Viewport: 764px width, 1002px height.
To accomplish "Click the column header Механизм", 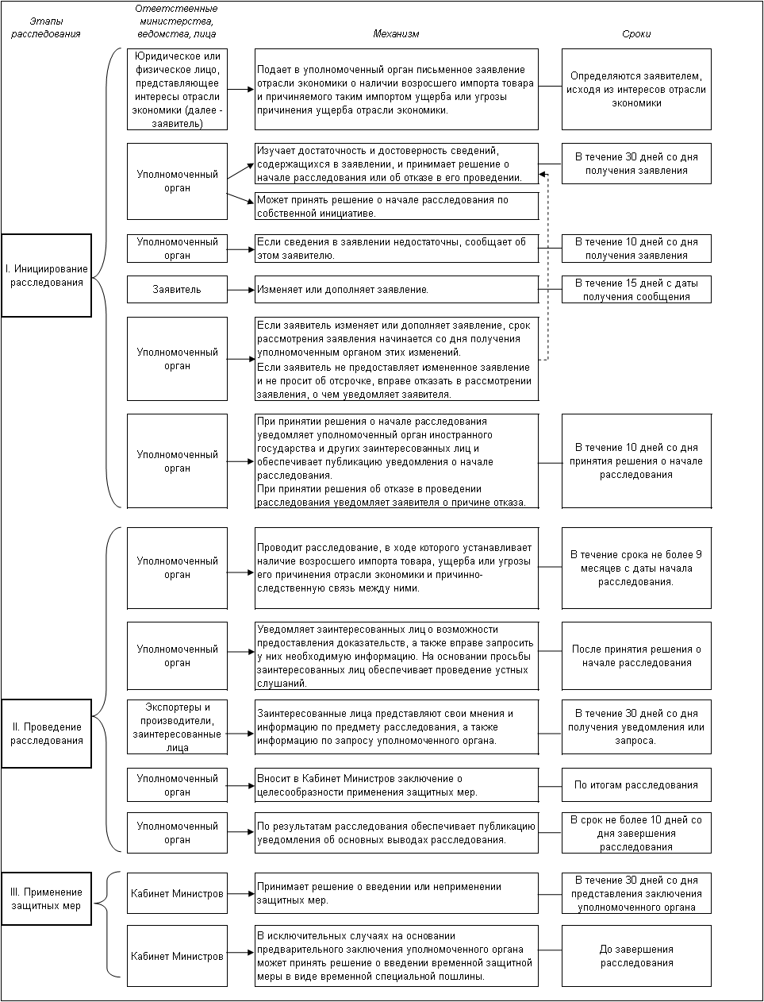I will [x=396, y=34].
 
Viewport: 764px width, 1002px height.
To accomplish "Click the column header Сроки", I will [x=636, y=34].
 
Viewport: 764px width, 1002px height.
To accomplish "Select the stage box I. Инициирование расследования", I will [x=47, y=276].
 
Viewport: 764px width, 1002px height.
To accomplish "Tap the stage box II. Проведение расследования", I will [x=47, y=734].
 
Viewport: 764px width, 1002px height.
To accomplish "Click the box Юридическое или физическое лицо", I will [x=177, y=90].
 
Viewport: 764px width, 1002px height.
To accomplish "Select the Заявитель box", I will [x=177, y=290].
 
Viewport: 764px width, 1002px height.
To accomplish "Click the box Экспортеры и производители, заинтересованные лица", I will [x=177, y=727].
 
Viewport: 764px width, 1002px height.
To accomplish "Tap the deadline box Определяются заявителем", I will [x=636, y=90].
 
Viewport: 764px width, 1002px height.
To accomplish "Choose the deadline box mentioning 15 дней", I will [x=636, y=290].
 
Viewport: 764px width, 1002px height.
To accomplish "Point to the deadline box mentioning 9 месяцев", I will [x=636, y=568].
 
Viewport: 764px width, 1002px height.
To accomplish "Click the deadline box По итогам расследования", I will [x=636, y=785].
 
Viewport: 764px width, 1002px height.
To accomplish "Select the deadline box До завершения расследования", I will [x=636, y=956].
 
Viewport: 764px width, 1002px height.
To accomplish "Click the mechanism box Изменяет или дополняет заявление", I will [x=397, y=290].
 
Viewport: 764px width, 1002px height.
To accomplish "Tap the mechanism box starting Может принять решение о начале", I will [x=397, y=206].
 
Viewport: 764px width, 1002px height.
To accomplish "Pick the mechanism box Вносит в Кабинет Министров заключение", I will [x=397, y=785].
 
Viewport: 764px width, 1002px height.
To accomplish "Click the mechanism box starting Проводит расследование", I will [x=397, y=568].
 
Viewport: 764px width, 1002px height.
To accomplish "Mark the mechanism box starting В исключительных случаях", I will [x=397, y=956].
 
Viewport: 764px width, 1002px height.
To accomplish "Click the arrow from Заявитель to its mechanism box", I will [x=240, y=290].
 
